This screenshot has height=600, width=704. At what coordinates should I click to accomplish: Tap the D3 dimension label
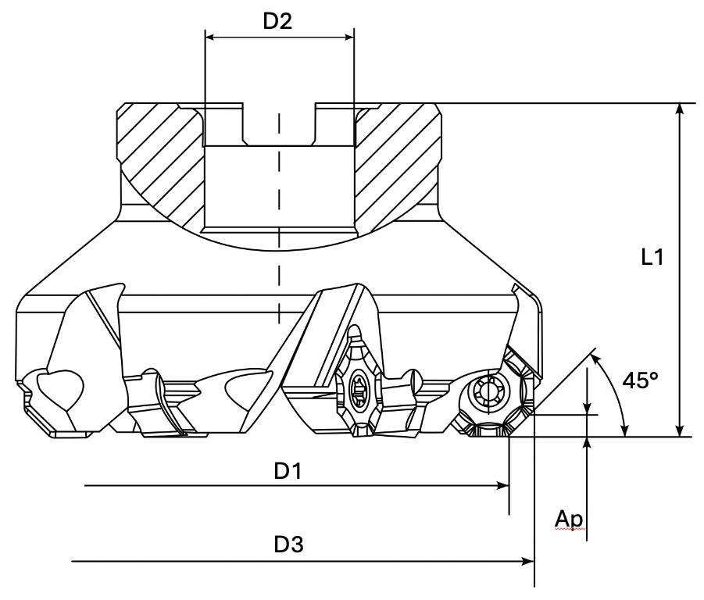pos(289,545)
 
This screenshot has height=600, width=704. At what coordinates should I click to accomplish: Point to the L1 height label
pos(647,257)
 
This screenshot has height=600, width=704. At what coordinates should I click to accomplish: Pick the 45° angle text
pos(641,381)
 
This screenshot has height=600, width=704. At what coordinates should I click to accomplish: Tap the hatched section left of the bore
pos(160,156)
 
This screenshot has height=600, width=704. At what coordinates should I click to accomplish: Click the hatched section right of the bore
pos(398,156)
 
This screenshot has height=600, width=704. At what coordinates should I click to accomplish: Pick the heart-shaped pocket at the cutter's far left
pos(59,385)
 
